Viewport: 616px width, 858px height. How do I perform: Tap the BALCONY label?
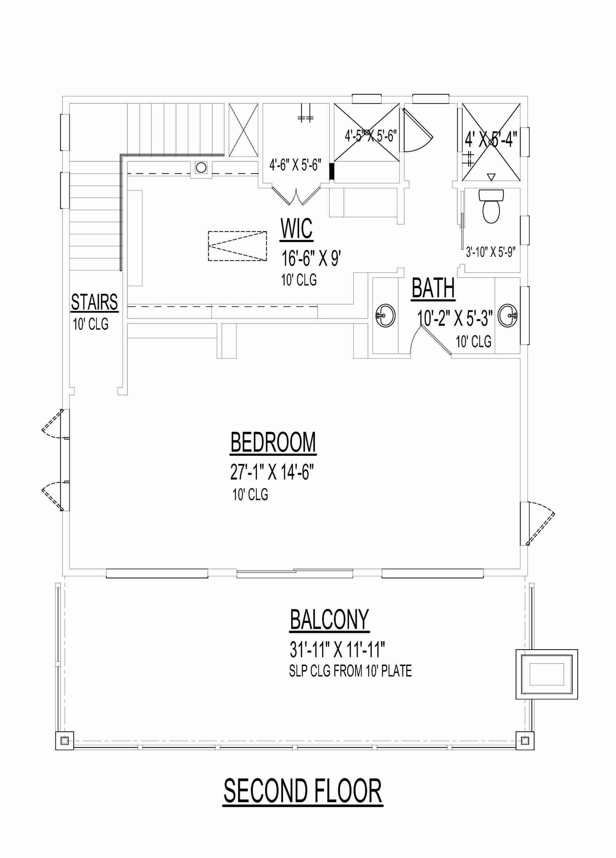coord(330,620)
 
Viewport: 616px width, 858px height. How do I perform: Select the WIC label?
coord(296,229)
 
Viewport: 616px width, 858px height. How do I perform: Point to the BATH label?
coord(433,288)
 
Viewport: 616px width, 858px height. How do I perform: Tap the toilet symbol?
coord(491,206)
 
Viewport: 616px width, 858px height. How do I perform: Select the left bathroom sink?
coord(385,316)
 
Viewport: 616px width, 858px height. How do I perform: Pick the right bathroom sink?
coord(508,316)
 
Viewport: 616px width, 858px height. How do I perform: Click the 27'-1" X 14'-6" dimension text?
coord(272,472)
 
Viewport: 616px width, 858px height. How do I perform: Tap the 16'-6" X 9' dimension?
coord(311,258)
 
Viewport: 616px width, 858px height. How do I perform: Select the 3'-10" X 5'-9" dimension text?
coord(490,252)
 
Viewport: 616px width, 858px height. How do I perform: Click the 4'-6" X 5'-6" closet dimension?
coord(295,165)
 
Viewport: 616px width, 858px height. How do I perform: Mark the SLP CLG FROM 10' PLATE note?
coord(350,672)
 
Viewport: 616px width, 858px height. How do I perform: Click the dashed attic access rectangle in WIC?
coord(238,246)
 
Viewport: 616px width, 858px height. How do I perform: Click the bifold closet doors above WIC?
coord(296,196)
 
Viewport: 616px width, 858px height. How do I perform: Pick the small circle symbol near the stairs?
coord(201,168)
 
